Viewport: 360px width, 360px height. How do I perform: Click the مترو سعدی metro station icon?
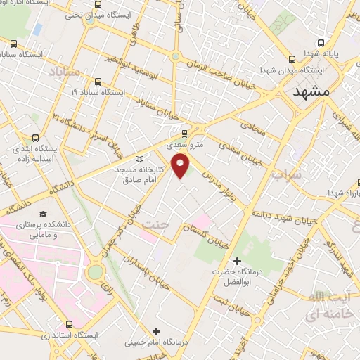pyautogui.click(x=185, y=133)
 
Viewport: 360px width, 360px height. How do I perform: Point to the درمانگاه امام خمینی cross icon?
pyautogui.click(x=156, y=331)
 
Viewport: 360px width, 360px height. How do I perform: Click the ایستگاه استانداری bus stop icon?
pyautogui.click(x=68, y=324)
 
